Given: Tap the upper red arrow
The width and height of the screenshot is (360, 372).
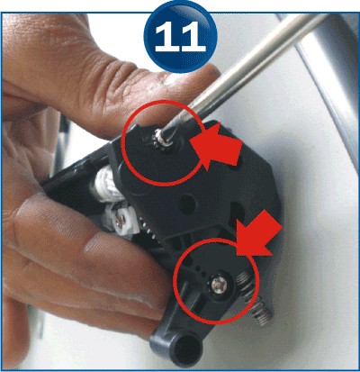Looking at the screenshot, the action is [x=217, y=147].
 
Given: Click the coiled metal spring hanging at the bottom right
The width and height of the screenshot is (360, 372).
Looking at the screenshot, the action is [x=264, y=311].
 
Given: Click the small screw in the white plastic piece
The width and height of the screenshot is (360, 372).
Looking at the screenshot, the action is [x=121, y=220].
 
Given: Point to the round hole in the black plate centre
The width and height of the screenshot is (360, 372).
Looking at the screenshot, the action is [x=188, y=204].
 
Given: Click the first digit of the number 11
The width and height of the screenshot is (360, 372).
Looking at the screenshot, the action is [x=166, y=37].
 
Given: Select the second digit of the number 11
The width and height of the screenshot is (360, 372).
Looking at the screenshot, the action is [x=193, y=37].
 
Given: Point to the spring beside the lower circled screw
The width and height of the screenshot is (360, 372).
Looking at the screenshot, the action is [x=247, y=282].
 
